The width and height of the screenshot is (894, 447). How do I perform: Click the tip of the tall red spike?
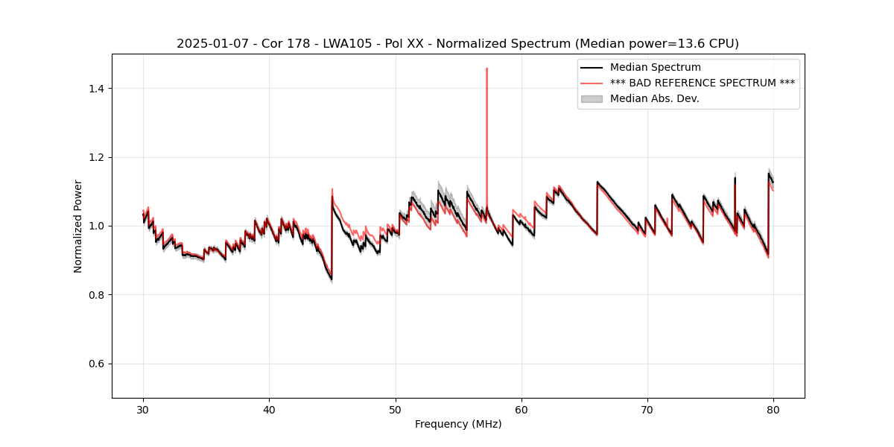pyautogui.click(x=486, y=69)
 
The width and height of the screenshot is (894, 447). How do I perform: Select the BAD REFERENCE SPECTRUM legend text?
pyautogui.click(x=702, y=83)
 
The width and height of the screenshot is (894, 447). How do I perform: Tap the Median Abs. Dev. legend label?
pyautogui.click(x=654, y=98)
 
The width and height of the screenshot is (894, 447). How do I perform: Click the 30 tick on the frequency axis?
pyautogui.click(x=144, y=410)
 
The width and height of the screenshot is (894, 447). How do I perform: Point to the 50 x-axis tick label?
pyautogui.click(x=396, y=410)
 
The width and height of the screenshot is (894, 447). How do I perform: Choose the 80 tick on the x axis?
pyautogui.click(x=773, y=410)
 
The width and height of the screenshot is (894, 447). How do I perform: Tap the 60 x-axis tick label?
pyautogui.click(x=521, y=410)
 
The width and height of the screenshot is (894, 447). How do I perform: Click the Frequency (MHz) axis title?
pyautogui.click(x=458, y=425)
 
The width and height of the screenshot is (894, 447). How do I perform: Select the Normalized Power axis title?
pyautogui.click(x=78, y=226)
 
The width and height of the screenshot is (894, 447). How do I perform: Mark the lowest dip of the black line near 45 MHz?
pyautogui.click(x=331, y=279)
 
